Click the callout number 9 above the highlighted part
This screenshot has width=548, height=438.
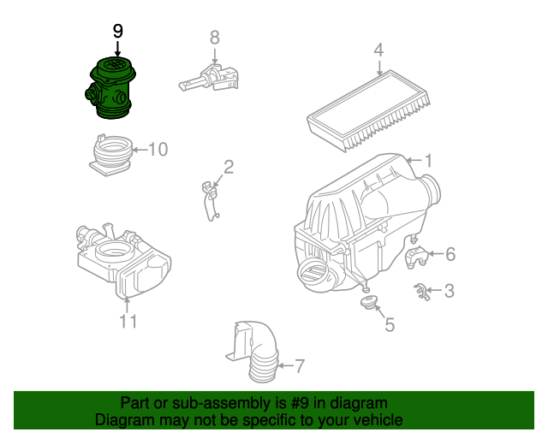coord(118,31)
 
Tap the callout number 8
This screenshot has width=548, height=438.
coord(215,38)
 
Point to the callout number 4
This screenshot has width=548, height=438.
coord(378,52)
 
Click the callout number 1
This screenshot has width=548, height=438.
coord(428,160)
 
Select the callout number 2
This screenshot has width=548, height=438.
coord(229,166)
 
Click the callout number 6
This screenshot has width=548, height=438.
coord(450,254)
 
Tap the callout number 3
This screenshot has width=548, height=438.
coord(450,291)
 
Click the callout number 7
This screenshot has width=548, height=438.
coord(299,367)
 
